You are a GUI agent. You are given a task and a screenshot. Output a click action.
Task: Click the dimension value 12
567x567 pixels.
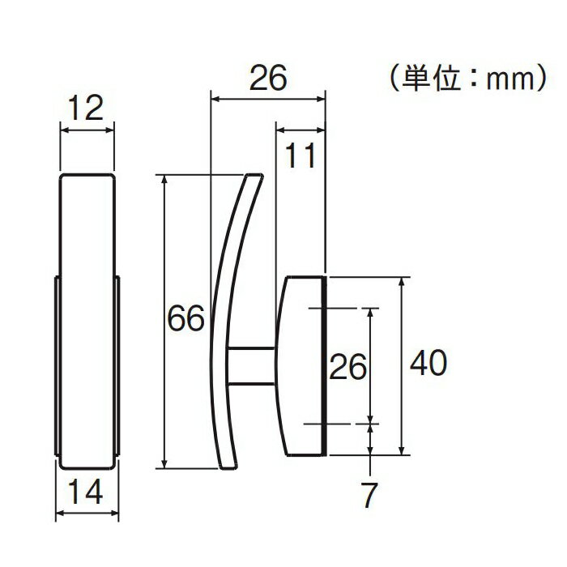coord(86,108)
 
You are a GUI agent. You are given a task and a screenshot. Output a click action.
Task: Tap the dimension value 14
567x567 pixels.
coord(85,492)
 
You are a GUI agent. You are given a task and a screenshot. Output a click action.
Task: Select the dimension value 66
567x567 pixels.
coord(185,318)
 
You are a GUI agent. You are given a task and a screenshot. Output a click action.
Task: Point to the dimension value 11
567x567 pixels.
coord(301,156)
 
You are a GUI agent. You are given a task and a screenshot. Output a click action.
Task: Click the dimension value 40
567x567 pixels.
coord(428,362)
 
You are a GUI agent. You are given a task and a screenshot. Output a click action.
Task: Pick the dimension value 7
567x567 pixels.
coord(369,495)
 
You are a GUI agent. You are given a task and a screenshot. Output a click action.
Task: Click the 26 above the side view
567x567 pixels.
coord(268,78)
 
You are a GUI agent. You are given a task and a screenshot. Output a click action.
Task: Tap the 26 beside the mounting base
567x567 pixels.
coord(347,367)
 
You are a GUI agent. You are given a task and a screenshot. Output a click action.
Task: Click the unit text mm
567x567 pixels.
coord(509,80)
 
